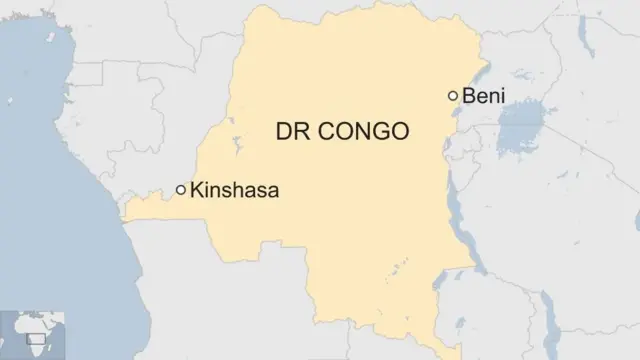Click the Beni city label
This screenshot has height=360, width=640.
pos(484,96)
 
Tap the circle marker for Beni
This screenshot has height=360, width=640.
pos(453,96)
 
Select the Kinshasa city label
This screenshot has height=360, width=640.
pos(234,189)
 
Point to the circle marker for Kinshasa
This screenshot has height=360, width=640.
pos(181,189)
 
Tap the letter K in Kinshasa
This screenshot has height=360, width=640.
pos(196,189)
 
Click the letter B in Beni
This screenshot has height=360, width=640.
pos(469,96)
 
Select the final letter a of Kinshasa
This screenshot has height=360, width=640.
pos(272,190)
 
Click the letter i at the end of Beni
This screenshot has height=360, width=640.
pos(503,96)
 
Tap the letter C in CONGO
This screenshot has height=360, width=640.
pos(330,131)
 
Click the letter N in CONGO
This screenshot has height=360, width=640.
pos(363,131)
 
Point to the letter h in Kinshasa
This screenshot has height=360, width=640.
pos(238,189)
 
